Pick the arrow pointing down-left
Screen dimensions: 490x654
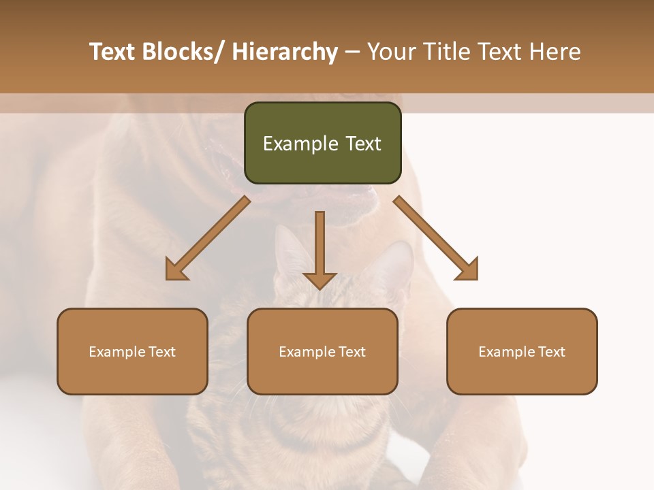[208, 238]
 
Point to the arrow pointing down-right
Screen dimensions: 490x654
[436, 238]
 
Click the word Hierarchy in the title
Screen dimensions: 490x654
[285, 52]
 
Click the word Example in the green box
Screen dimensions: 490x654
[300, 144]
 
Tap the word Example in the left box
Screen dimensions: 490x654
[117, 352]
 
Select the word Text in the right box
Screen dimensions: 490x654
[550, 352]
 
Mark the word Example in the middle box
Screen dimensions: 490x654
[307, 352]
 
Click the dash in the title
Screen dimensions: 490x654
[352, 52]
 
